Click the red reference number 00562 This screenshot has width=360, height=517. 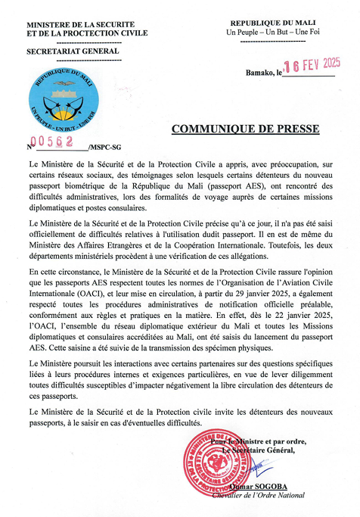click(47, 143)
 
